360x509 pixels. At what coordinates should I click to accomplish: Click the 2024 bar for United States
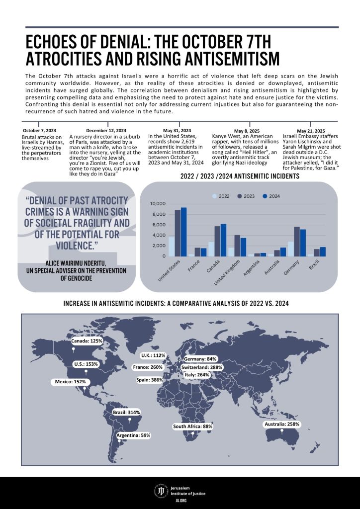[184, 232]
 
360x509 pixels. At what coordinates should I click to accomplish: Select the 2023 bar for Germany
[297, 242]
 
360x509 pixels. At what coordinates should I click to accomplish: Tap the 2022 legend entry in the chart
[221, 196]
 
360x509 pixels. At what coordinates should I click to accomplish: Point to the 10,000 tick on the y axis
[157, 204]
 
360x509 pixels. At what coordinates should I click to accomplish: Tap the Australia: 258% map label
[281, 424]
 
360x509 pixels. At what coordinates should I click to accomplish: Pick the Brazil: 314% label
[127, 413]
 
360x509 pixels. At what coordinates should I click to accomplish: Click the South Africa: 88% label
[192, 426]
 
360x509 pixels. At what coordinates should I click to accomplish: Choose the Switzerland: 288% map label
[201, 367]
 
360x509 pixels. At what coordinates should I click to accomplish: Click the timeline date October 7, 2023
[39, 131]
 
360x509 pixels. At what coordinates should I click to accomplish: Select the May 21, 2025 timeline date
[311, 131]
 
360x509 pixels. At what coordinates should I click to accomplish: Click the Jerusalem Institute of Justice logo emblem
[161, 492]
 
